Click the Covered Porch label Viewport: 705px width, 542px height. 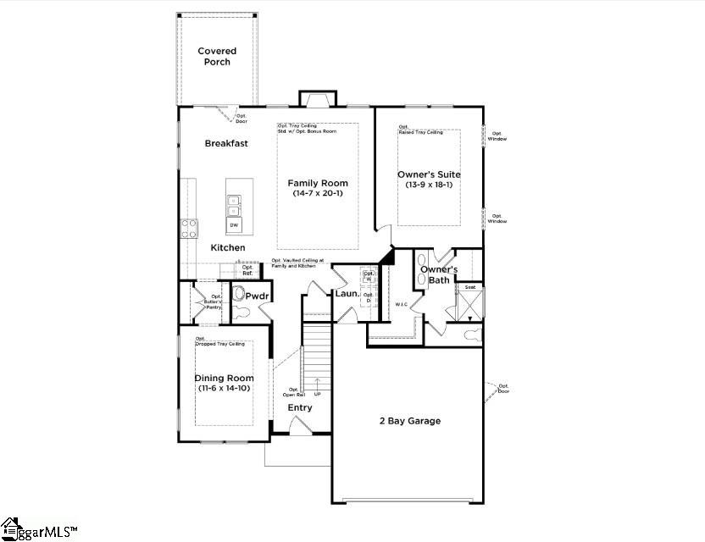tap(217, 57)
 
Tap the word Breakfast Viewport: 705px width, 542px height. tap(226, 143)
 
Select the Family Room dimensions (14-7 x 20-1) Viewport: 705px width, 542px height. tap(318, 194)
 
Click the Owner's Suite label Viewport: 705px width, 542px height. tap(429, 174)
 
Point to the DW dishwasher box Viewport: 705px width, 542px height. tap(233, 224)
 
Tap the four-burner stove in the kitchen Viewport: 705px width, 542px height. tap(189, 228)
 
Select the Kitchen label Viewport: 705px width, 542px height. tap(228, 247)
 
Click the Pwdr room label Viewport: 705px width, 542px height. tap(257, 296)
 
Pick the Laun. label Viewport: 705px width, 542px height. tap(347, 294)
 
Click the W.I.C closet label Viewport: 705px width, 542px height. tap(402, 303)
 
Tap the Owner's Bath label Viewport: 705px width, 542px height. tap(440, 274)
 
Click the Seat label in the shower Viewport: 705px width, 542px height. tap(469, 287)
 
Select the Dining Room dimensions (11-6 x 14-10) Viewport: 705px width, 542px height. tap(224, 389)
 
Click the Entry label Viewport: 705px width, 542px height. tap(299, 407)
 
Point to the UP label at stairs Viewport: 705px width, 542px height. tap(318, 394)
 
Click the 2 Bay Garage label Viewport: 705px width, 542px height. tap(409, 421)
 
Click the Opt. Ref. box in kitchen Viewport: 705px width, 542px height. tap(247, 270)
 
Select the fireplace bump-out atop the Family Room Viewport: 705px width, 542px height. tap(317, 100)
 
